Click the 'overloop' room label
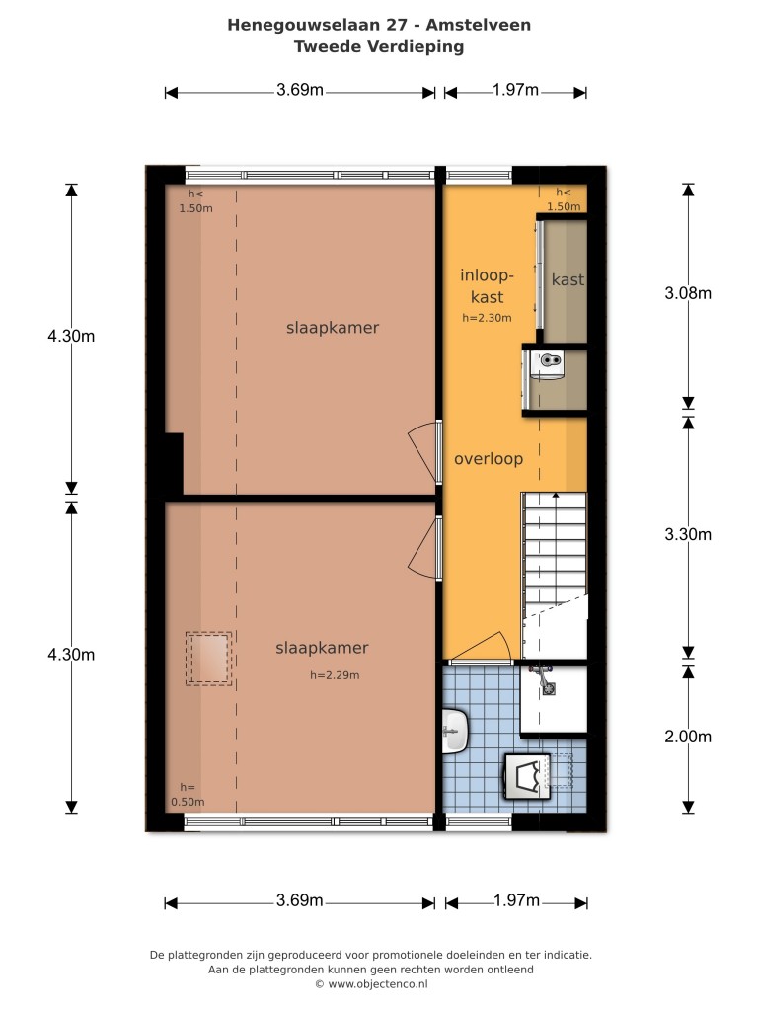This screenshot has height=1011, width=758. tap(488, 460)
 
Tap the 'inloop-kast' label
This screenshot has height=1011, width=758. tap(487, 286)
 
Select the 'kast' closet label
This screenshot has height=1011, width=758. tap(568, 279)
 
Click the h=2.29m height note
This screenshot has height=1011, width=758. tap(335, 675)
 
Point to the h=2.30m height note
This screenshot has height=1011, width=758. tap(487, 318)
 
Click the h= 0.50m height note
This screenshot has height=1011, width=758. tap(188, 795)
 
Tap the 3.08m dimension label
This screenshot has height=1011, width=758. tap(688, 294)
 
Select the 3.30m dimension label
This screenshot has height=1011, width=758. tap(688, 534)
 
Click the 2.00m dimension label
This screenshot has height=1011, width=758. tap(688, 737)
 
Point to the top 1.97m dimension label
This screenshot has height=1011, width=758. tap(515, 90)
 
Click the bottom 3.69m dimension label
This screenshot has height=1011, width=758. tap(300, 900)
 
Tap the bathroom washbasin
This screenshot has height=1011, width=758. tap(455, 732)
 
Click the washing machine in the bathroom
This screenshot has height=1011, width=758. tap(527, 776)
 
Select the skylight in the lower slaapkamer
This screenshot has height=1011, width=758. tap(209, 659)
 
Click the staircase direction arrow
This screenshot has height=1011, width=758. tap(555, 496)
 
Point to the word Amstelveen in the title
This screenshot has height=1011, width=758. tap(479, 25)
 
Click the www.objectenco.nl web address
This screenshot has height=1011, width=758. tap(378, 984)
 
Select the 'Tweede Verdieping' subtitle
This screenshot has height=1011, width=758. tap(379, 47)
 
